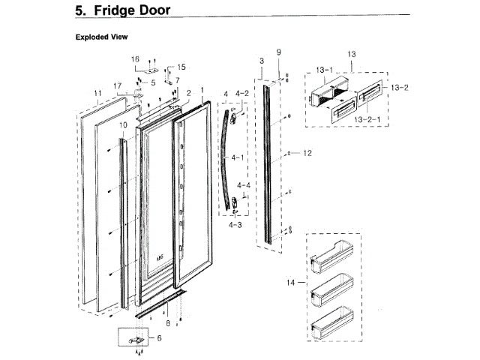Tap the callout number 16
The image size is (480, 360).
coord(136,58)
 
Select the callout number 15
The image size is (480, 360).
coord(181,67)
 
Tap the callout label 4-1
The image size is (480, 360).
coord(239,158)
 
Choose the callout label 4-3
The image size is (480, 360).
coord(235,224)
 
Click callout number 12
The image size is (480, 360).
coord(307,153)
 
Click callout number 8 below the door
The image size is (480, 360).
coord(167,323)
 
